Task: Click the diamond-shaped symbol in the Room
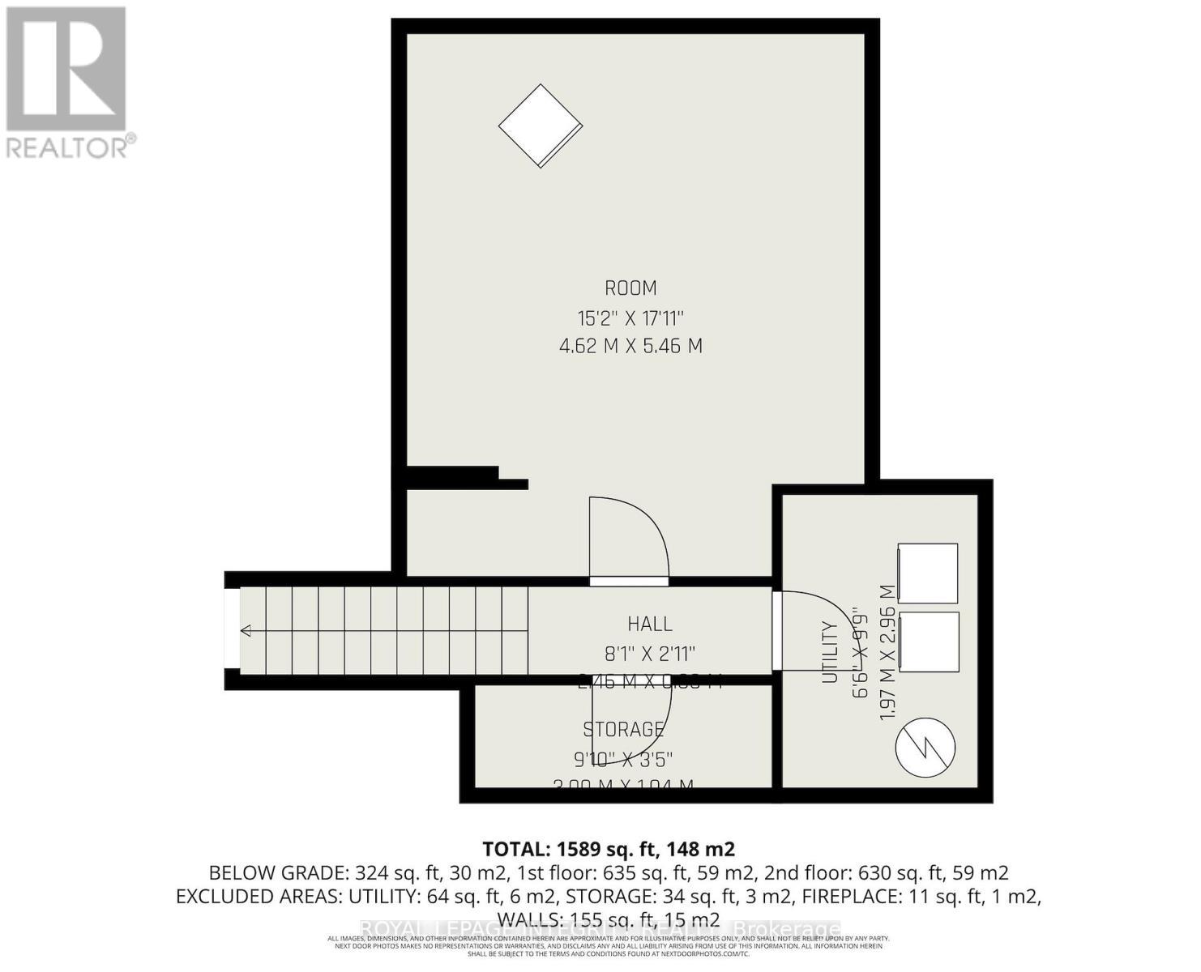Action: [x=540, y=126]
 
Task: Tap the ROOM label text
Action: [x=630, y=288]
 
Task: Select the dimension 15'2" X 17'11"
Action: [x=630, y=318]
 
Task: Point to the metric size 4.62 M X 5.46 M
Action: [x=630, y=347]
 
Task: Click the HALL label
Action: [x=650, y=624]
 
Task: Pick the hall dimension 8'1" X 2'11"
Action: [x=650, y=653]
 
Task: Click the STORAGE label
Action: [x=624, y=730]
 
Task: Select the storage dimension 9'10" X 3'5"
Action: [x=624, y=760]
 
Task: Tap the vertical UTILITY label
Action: [x=829, y=652]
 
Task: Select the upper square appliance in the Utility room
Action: [x=927, y=573]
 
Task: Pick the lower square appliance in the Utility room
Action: [x=928, y=641]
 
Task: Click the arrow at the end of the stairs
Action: [x=246, y=632]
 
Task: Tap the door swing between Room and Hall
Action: [x=628, y=539]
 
